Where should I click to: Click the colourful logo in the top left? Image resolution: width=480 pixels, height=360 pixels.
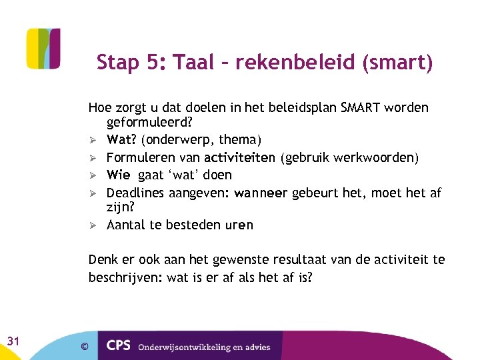43,49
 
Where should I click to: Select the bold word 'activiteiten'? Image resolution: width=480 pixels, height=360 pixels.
240,157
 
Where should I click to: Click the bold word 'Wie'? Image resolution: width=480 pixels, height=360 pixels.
118,175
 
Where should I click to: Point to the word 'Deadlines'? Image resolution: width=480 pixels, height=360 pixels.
137,193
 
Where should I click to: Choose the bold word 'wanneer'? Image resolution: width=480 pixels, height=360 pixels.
261,193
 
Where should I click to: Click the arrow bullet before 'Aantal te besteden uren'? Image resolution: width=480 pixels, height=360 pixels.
93,225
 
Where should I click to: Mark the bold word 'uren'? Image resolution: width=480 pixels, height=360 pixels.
239,225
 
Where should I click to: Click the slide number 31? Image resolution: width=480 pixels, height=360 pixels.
13,341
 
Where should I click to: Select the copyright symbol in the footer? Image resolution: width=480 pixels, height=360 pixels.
84,346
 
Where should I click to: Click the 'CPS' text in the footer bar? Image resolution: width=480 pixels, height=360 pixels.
119,346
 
